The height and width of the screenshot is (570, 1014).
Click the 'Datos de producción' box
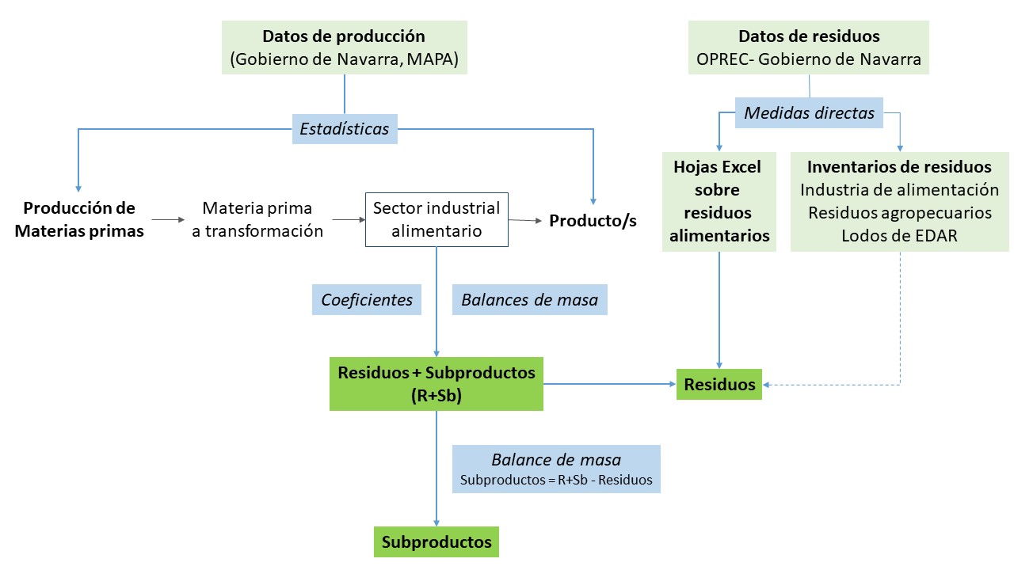(344, 47)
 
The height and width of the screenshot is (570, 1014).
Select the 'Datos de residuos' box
(808, 47)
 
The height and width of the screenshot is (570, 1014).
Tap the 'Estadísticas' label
(344, 128)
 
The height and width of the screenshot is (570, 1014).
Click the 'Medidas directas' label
(809, 113)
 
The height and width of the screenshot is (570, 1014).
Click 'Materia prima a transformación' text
(257, 219)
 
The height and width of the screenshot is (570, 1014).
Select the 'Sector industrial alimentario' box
(436, 219)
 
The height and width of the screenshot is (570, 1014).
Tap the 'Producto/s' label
(593, 220)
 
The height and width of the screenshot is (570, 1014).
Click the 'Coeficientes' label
(366, 300)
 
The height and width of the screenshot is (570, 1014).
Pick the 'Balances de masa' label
(529, 300)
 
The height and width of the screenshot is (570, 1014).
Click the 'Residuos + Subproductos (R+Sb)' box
(436, 383)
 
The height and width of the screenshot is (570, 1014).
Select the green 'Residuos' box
(719, 385)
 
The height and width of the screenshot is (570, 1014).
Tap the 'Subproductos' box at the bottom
(436, 542)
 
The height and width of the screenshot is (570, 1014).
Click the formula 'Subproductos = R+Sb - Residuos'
(556, 480)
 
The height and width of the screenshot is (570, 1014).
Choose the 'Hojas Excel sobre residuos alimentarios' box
(719, 201)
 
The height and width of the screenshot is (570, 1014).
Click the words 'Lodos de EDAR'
(899, 236)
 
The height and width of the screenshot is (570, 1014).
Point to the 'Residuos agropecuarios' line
(899, 213)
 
